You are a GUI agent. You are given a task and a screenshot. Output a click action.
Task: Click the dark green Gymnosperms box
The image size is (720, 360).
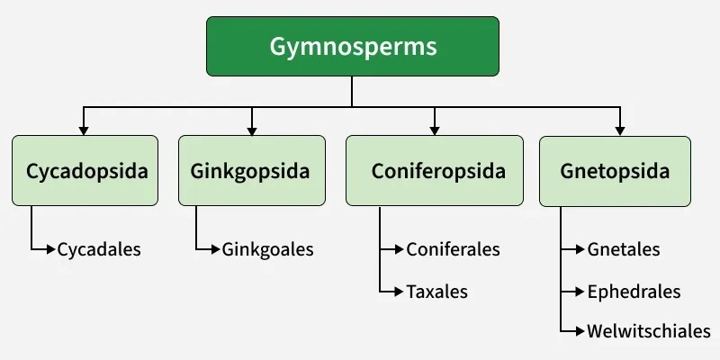[352, 46]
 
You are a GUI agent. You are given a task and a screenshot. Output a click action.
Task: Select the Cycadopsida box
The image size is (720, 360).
[85, 171]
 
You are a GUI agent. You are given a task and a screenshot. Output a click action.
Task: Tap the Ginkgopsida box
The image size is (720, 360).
[251, 171]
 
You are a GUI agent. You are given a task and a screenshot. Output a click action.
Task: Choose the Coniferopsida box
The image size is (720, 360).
[434, 171]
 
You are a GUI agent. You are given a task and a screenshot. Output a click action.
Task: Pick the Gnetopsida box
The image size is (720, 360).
[615, 171]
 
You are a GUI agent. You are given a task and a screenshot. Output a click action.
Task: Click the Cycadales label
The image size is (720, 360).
[99, 249]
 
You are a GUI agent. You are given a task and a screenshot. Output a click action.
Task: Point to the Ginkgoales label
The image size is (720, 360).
[267, 249]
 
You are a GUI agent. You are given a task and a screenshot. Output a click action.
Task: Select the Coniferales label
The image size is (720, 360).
[453, 249]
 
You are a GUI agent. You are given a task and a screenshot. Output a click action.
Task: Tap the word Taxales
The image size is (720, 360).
[437, 292]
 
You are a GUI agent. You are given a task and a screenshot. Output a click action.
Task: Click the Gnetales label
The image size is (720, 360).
[623, 249]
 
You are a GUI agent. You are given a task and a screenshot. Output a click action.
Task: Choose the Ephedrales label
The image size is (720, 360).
[633, 292]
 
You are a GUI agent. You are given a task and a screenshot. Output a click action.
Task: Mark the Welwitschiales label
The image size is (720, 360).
[648, 330]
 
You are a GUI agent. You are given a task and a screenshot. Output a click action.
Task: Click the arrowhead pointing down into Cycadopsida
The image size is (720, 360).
[85, 130]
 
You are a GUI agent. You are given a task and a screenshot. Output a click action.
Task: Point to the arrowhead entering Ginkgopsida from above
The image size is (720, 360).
[251, 130]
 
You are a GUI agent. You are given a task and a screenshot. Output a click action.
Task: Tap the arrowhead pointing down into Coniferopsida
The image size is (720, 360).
[435, 130]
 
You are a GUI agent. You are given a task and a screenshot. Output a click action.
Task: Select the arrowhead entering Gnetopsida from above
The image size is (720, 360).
[619, 130]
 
